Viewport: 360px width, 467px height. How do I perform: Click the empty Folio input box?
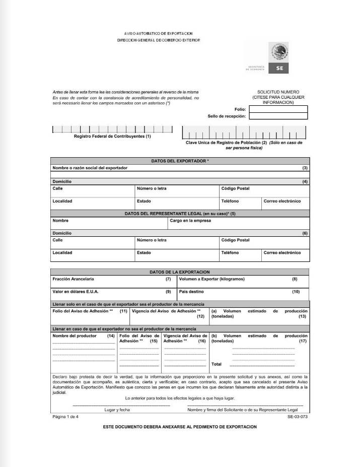coord(278,109)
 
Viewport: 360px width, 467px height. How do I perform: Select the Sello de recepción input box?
coord(278,116)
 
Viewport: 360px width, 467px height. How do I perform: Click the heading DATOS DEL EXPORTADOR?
coord(180,161)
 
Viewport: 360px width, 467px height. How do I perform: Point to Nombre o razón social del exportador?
coord(90,167)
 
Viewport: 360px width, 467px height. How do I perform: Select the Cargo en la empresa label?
coord(190,221)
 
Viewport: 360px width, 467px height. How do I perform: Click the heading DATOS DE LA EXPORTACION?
coord(180,272)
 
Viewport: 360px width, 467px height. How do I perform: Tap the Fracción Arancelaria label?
coord(73,279)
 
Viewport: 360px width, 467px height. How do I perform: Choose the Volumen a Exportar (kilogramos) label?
coord(211,279)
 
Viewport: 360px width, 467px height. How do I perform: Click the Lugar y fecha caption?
coord(117,410)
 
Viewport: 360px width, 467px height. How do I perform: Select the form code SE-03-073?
coord(297,417)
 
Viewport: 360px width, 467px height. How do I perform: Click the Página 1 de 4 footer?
coord(65,417)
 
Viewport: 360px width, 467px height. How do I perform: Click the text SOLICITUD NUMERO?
coord(278,92)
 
